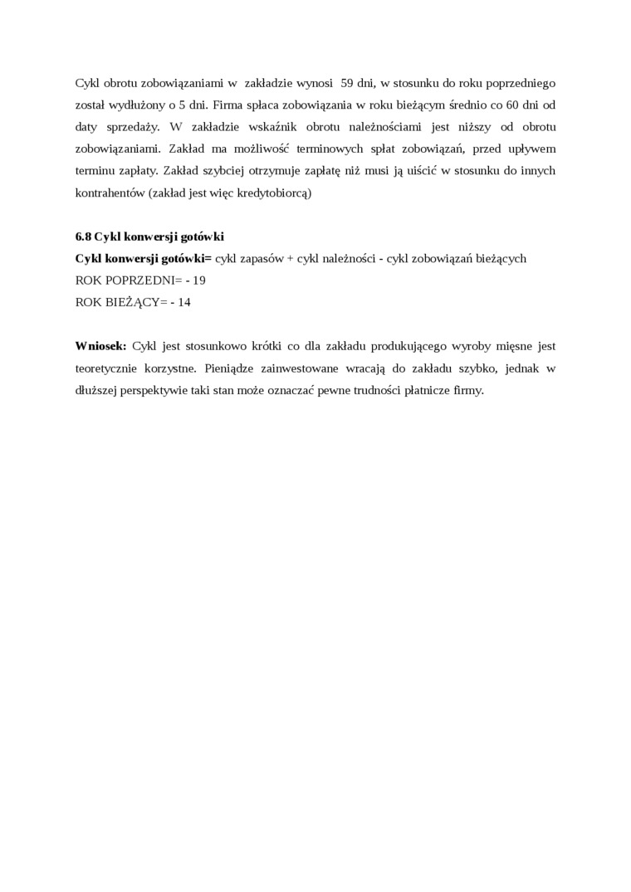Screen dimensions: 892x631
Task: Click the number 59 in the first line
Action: [347, 83]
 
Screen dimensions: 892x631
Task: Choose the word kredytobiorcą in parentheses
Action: [270, 192]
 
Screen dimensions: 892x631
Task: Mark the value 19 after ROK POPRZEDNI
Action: [199, 280]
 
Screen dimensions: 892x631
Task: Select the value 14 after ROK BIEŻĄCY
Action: [184, 302]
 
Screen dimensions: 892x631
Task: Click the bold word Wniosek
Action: [100, 345]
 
